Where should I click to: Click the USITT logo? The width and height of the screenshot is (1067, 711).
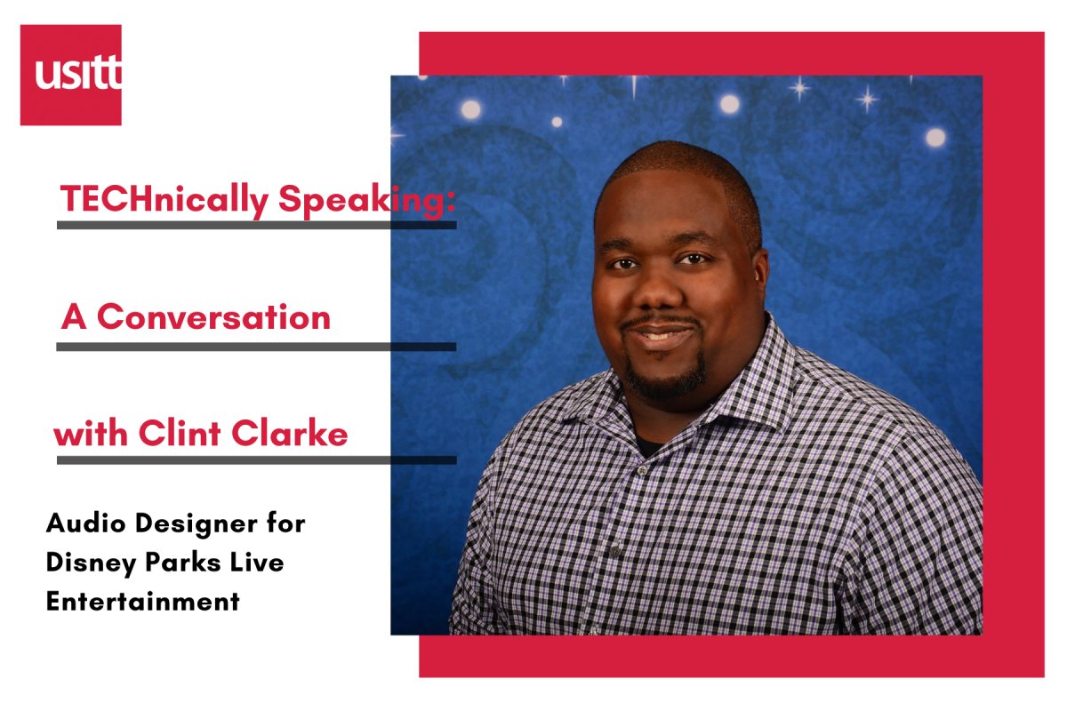click(x=71, y=75)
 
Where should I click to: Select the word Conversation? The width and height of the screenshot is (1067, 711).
click(x=213, y=317)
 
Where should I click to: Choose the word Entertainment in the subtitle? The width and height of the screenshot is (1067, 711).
click(x=143, y=602)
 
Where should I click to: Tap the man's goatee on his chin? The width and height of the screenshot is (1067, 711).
click(x=665, y=378)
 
